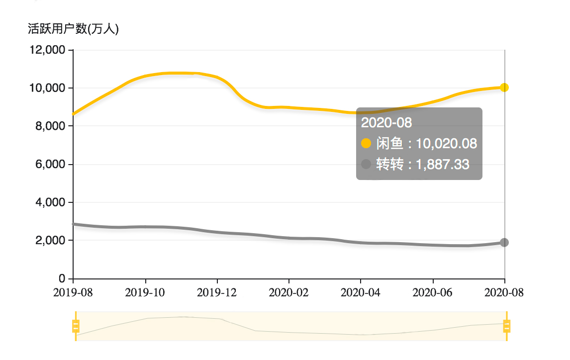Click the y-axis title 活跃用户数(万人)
(73, 29)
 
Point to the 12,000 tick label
(48, 50)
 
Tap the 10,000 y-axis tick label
(48, 88)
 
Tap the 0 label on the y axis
(63, 278)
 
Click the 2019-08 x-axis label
(73, 292)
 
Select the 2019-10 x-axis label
(145, 292)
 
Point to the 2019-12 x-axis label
(217, 292)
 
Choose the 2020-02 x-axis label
(288, 292)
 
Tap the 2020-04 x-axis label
(361, 292)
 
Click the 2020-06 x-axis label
(433, 292)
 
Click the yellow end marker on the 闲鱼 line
(504, 88)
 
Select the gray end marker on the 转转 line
(504, 242)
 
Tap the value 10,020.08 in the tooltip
(446, 144)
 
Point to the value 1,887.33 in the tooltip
(442, 165)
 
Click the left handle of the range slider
(76, 326)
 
